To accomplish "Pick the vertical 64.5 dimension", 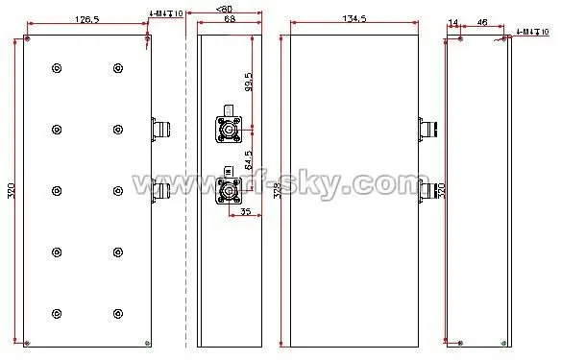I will tap(249, 158).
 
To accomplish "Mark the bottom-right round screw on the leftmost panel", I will tap(117, 313).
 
